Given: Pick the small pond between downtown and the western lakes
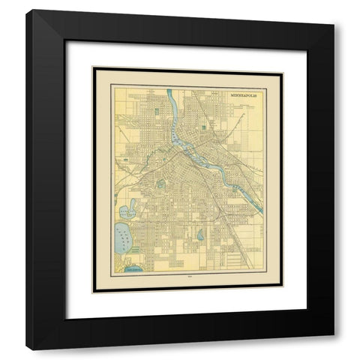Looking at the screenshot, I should tap(160, 182).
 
